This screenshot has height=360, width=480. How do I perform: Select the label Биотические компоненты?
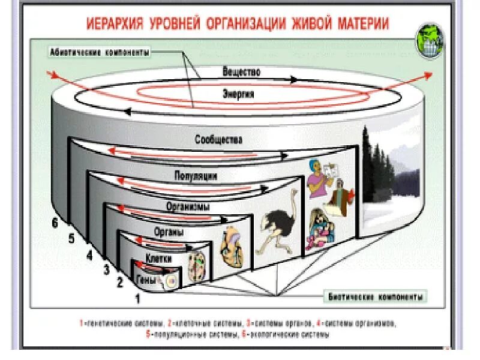(x=378, y=297)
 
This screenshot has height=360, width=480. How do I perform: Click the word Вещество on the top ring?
(x=241, y=72)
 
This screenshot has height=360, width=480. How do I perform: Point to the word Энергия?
(x=238, y=94)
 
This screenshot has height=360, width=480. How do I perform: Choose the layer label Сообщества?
(x=218, y=140)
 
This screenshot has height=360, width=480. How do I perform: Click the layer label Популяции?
(x=196, y=176)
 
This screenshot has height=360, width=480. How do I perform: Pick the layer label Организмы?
(x=188, y=206)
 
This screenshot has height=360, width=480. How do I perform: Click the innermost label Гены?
(x=148, y=279)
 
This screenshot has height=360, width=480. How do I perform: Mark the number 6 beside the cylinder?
(x=55, y=223)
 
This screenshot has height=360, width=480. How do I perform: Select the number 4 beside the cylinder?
(x=89, y=255)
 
